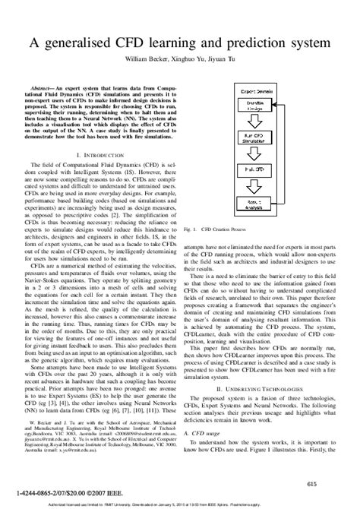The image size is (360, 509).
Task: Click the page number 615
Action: tap(311, 482)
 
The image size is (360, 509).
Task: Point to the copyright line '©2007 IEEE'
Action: tap(86, 493)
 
